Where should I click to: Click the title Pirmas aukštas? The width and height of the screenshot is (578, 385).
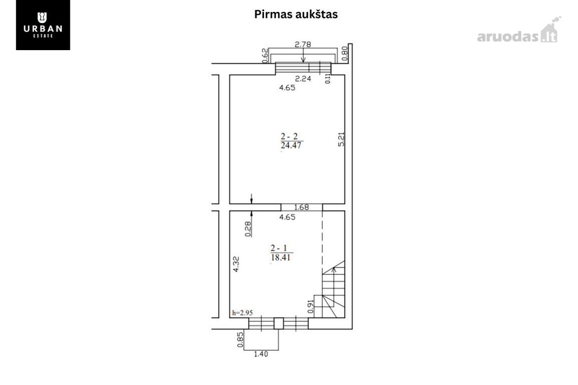[296, 14]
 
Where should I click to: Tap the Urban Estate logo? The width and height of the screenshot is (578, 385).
[43, 25]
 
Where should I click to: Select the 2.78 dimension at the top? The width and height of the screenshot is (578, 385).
[303, 44]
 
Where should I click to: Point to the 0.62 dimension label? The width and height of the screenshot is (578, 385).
[265, 55]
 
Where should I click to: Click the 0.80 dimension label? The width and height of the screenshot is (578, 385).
[345, 53]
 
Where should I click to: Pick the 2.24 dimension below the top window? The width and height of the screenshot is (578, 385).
[303, 79]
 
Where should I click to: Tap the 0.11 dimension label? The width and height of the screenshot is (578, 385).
[328, 79]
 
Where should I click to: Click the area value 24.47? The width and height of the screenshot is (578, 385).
[291, 146]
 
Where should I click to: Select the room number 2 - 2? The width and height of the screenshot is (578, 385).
[289, 136]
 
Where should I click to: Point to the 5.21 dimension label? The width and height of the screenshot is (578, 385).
[341, 139]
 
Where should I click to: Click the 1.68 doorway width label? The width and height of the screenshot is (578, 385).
[302, 207]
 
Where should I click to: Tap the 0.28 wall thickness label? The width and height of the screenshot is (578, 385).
[248, 229]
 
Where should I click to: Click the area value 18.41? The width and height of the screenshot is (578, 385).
[280, 257]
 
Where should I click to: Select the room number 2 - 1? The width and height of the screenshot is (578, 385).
[279, 248]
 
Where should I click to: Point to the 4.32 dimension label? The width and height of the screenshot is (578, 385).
[236, 264]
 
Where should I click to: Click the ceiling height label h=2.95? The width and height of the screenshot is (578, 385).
[242, 313]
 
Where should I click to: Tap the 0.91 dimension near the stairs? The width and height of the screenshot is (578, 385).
[311, 306]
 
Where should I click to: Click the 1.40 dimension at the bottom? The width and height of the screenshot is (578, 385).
[261, 354]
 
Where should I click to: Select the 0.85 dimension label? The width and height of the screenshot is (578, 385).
[240, 340]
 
